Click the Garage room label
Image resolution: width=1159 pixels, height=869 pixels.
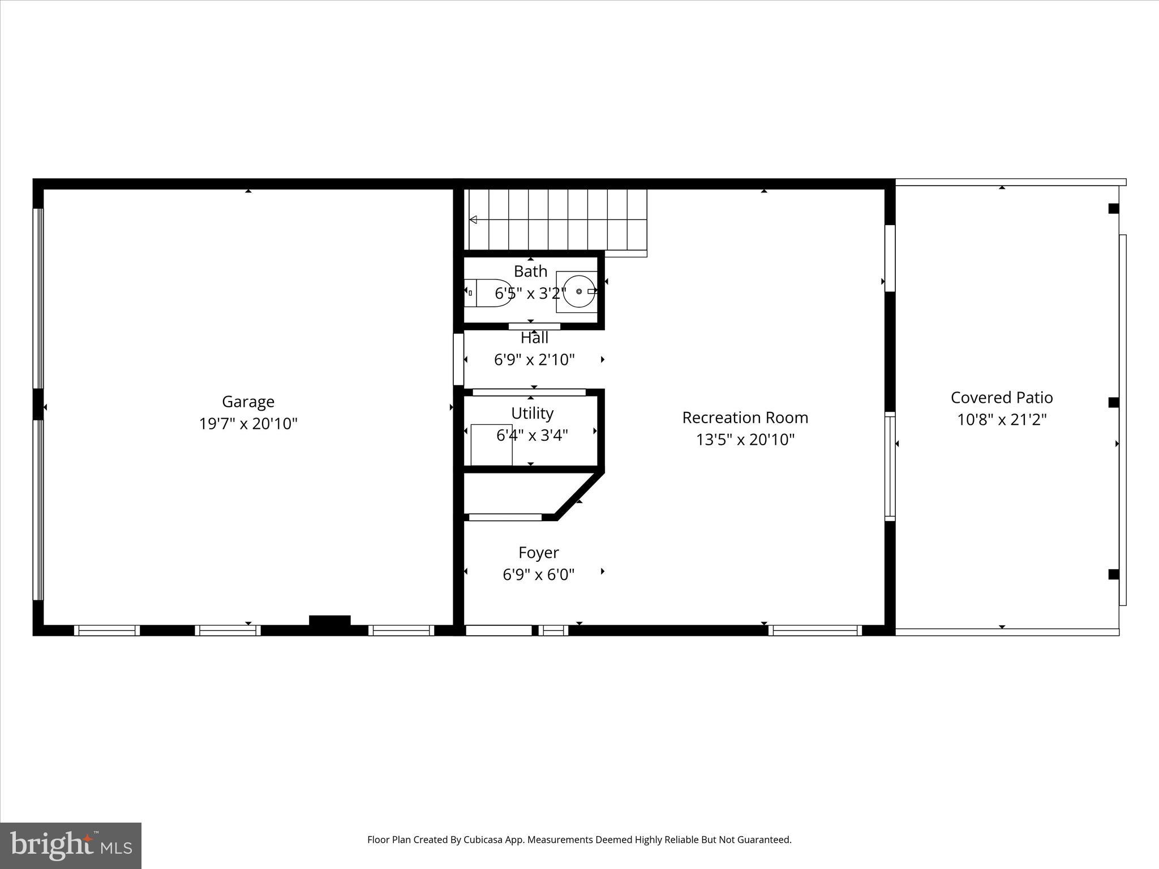(x=248, y=402)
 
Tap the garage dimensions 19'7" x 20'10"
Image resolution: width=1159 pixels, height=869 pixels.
(x=248, y=424)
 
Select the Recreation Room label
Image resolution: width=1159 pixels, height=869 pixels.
(x=745, y=418)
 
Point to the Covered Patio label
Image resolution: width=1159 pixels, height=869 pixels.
(x=1001, y=398)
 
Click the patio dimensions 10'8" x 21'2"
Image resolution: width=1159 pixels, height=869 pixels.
(x=1001, y=420)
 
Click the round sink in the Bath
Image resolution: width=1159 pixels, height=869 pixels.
(x=578, y=291)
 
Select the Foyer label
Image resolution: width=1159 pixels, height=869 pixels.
(x=538, y=552)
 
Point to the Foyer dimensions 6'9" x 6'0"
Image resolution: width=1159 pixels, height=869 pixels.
(x=538, y=575)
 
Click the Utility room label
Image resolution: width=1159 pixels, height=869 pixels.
(x=532, y=414)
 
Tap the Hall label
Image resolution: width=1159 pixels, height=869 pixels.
(x=534, y=338)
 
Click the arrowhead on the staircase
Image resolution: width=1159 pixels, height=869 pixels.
(x=473, y=220)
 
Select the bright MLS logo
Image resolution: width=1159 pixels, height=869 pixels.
(x=71, y=846)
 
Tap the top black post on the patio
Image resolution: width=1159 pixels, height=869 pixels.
(x=1113, y=209)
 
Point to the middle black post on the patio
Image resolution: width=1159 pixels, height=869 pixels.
(x=1113, y=403)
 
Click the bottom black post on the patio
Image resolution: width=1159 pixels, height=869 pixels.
(x=1113, y=575)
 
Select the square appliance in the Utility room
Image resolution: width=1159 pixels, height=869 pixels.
(x=491, y=445)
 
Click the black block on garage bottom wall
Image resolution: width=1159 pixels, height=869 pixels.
(x=329, y=620)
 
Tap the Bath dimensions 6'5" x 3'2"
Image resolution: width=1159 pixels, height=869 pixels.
(x=530, y=294)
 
